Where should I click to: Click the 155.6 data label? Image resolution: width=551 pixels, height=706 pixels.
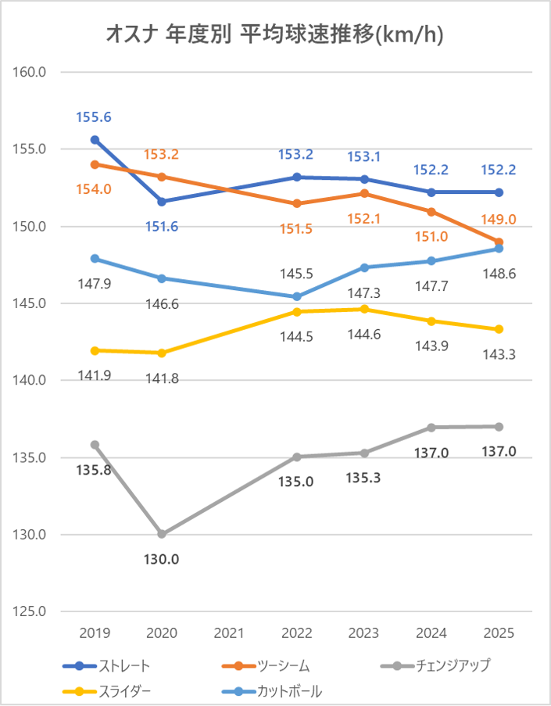click(94, 117)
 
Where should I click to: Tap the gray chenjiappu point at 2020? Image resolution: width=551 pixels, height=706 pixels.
click(162, 534)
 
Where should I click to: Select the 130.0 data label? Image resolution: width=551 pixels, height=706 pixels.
click(162, 560)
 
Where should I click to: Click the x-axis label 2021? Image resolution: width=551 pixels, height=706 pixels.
click(229, 632)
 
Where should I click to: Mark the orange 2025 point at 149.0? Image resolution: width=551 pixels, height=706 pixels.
click(499, 242)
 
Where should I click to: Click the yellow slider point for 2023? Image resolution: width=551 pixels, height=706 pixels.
click(364, 309)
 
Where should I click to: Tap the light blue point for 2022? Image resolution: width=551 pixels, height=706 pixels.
click(297, 297)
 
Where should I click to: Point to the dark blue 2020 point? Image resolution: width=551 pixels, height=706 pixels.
click(162, 202)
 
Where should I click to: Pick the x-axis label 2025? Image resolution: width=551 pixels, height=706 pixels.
click(499, 632)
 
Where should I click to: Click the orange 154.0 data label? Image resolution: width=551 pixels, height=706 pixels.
click(94, 189)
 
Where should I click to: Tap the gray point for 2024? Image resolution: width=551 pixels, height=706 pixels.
click(431, 427)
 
